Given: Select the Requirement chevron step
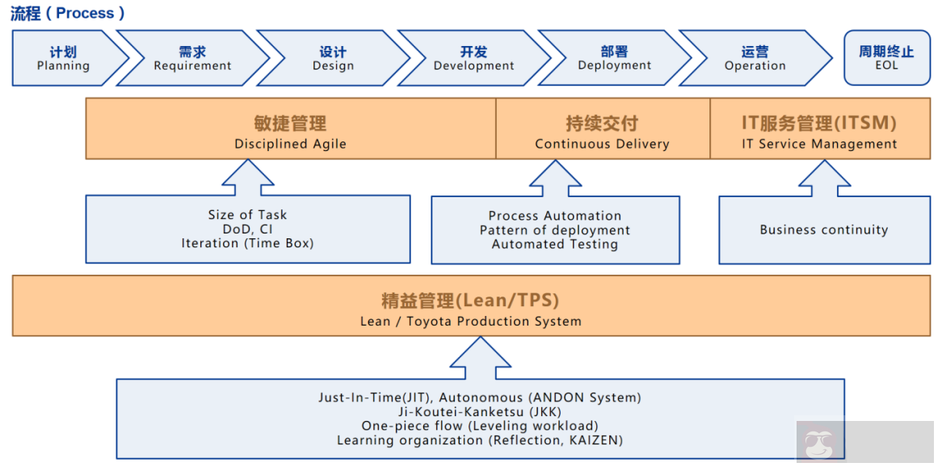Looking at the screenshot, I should pos(192,58).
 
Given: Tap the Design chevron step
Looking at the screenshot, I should pos(333,58).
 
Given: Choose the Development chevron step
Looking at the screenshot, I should pos(473,58).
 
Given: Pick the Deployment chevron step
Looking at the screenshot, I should pos(614,58).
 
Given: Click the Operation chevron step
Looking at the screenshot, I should pos(755,58).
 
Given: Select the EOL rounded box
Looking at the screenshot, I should pos(886,58).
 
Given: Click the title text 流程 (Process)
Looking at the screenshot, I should pos(68,13).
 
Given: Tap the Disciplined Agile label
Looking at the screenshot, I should pos(290,145).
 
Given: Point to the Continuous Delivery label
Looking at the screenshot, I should pos(602,145).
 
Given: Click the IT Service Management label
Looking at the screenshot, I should pos(819,145).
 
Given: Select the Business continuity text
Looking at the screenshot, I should pos(823,230).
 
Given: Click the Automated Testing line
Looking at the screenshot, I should pos(555,245).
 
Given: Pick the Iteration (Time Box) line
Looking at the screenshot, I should pos(247,243).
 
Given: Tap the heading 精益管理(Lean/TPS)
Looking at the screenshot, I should pos(470,301).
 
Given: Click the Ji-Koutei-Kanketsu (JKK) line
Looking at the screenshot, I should pos(480,412).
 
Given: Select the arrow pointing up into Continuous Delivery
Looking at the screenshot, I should pos(555,178).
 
